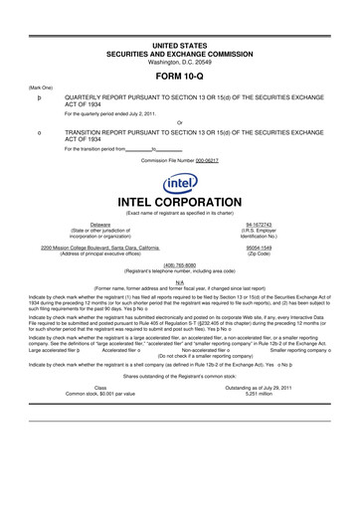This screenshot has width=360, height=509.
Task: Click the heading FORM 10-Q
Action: tap(179, 74)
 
